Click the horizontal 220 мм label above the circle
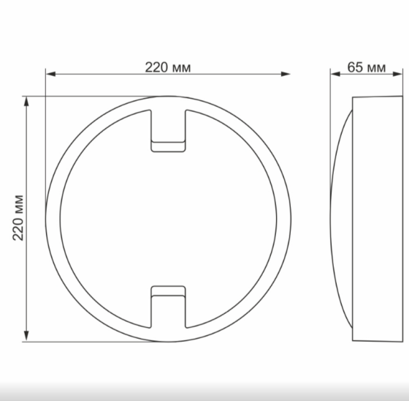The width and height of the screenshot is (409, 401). click(x=168, y=67)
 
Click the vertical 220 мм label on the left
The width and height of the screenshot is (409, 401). click(x=19, y=218)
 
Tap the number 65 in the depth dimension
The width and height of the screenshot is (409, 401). click(x=355, y=67)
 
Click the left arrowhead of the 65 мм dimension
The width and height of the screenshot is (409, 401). click(x=334, y=73)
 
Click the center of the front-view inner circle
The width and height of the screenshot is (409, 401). click(x=168, y=218)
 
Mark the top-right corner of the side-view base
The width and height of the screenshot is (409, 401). click(x=400, y=97)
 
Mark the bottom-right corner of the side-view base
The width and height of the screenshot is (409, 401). click(x=400, y=340)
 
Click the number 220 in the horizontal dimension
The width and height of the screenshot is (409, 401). click(x=157, y=67)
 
